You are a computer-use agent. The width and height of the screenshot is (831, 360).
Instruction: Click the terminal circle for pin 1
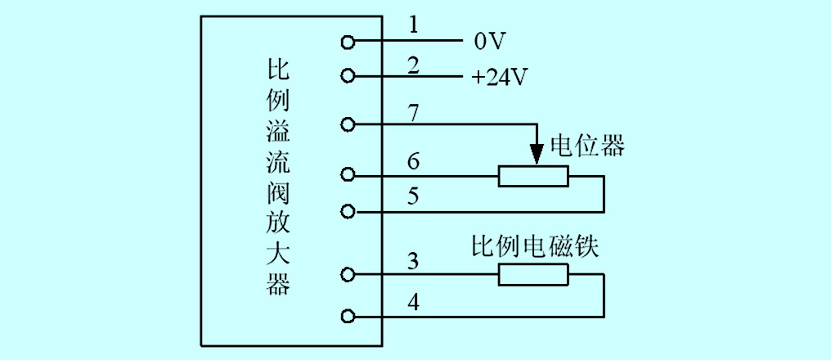[347, 42]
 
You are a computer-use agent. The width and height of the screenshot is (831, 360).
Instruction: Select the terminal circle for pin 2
[347, 76]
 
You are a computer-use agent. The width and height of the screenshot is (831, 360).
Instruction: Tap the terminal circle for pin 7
[347, 124]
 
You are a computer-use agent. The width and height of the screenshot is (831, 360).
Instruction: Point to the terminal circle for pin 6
[347, 174]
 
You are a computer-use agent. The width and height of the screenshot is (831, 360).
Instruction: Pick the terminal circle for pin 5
[347, 212]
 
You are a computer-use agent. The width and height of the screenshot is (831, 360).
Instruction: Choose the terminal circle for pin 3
[347, 275]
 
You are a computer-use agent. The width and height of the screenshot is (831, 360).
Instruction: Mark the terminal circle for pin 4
[347, 317]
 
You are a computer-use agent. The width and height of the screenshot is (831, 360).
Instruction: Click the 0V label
[488, 43]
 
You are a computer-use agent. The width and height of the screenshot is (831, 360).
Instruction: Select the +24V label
[499, 79]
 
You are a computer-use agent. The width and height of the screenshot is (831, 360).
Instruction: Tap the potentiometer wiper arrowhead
[537, 154]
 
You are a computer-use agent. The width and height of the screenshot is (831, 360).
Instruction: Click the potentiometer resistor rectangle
[533, 176]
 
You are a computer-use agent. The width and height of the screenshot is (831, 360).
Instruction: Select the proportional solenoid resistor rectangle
[533, 275]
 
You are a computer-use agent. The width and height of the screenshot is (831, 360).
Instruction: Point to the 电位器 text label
[587, 146]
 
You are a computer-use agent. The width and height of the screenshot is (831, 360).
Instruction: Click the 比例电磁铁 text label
[535, 247]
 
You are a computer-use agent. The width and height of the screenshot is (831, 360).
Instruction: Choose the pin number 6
[414, 162]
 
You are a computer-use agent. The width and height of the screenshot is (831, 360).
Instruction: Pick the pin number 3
[414, 262]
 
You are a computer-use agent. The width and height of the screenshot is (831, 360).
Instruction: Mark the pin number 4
[414, 304]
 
